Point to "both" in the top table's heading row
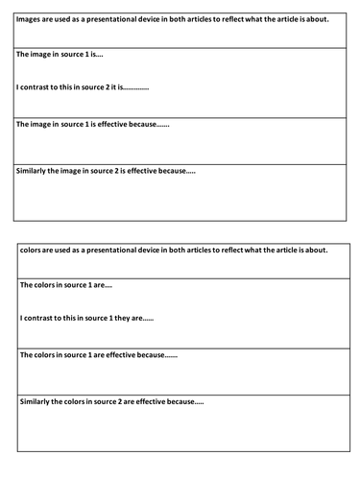click(x=182, y=17)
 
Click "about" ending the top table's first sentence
click(x=315, y=17)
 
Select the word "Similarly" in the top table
click(x=31, y=170)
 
